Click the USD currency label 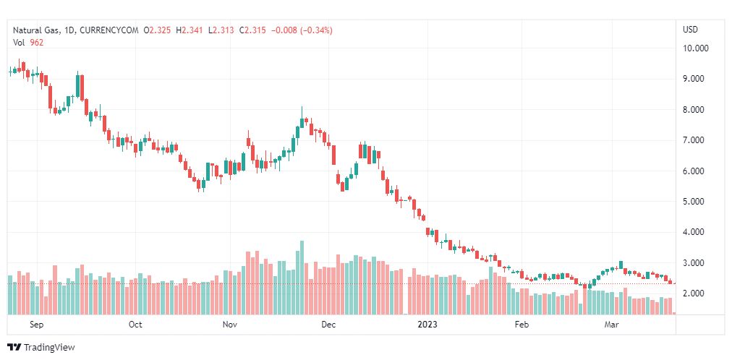pos(690,30)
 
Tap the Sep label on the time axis pos(38,325)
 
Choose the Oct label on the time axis pos(135,325)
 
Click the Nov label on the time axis pos(230,325)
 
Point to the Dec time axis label pos(328,325)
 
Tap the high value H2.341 pos(192,30)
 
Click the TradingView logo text pos(48,348)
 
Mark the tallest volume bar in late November pos(302,278)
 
